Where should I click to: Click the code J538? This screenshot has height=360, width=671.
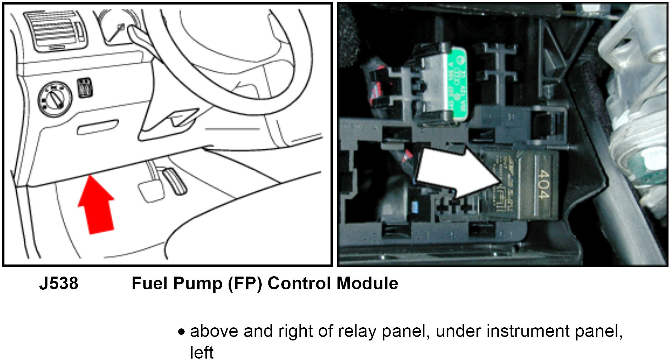tap(59, 284)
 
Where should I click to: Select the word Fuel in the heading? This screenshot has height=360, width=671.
tap(149, 284)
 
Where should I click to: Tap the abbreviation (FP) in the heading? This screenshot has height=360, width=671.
tap(245, 284)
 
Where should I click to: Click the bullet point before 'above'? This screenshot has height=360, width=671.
tap(182, 332)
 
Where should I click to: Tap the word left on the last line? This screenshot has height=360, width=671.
tap(202, 353)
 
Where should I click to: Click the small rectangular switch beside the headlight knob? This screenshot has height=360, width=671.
tap(85, 88)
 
